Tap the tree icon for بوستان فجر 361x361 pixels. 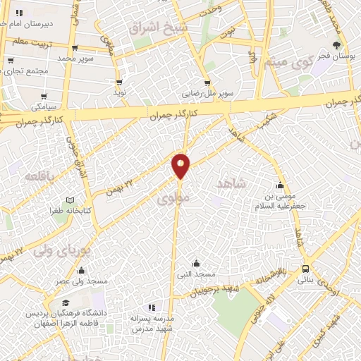click(x=338, y=45)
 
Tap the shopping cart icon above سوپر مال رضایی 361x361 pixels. click(x=207, y=82)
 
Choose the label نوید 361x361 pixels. click(x=121, y=92)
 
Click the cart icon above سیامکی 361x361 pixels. click(x=44, y=96)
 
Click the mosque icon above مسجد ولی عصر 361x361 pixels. click(x=82, y=271)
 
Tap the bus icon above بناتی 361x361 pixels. click(x=305, y=269)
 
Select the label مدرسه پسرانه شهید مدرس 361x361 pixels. click(x=152, y=323)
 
